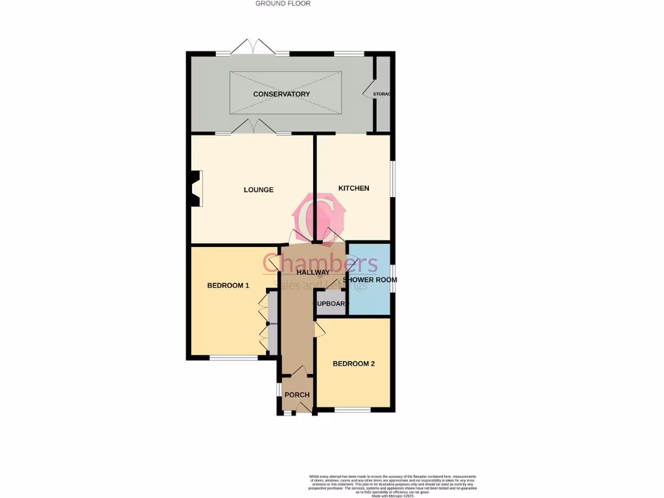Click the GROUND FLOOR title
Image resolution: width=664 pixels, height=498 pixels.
tap(283, 4)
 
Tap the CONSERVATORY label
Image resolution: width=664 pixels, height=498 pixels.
tap(281, 94)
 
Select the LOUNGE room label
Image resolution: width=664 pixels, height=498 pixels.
tap(258, 190)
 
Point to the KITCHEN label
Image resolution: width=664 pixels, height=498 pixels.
tap(353, 188)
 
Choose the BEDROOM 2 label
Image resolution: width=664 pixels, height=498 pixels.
tap(353, 364)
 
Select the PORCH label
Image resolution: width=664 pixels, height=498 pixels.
tap(297, 395)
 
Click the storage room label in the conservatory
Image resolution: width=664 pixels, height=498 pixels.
tap(382, 95)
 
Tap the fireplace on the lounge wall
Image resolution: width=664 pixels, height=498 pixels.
tap(195, 189)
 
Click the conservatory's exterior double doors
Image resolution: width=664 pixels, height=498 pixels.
tap(254, 47)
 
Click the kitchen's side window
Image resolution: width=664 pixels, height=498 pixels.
tap(393, 178)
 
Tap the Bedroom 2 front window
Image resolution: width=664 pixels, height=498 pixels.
tap(353, 410)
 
